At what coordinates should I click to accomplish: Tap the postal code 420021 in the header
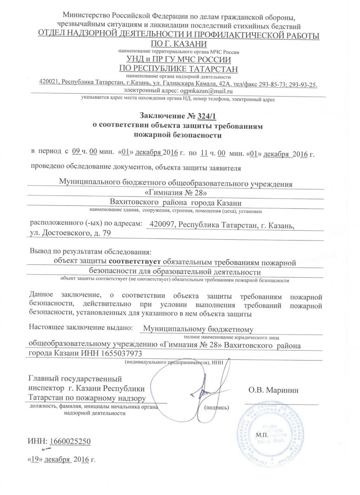tap(49, 84)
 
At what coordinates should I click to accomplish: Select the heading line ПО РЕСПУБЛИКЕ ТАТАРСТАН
tap(178, 68)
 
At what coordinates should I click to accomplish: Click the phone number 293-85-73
tap(272, 84)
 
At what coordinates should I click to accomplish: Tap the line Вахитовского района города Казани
tap(175, 203)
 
